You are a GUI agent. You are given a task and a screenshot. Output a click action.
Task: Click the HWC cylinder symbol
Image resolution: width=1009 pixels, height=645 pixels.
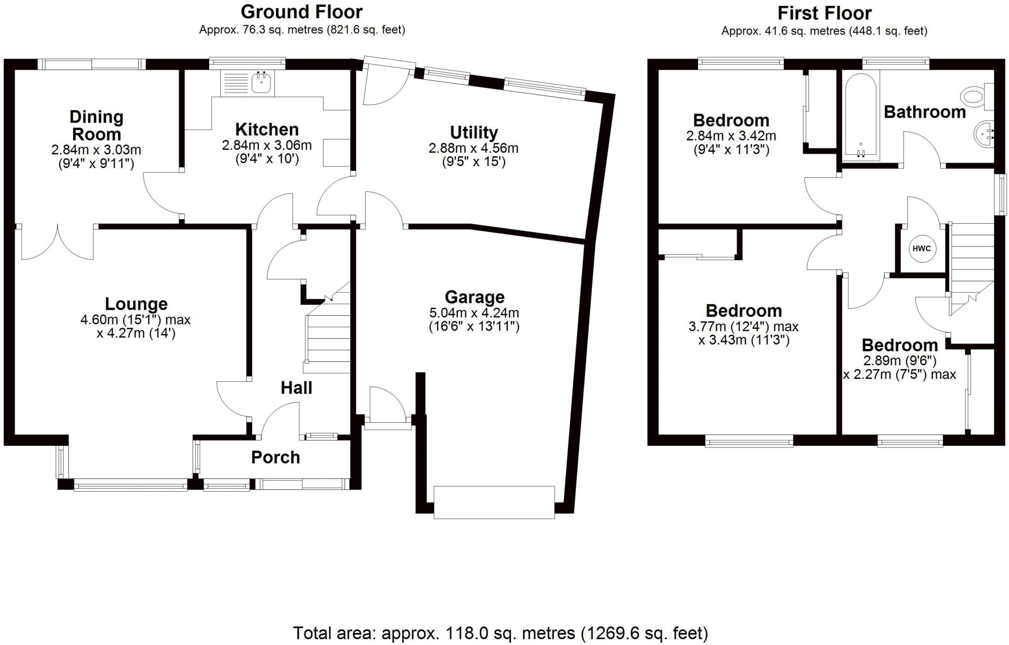click(x=921, y=248)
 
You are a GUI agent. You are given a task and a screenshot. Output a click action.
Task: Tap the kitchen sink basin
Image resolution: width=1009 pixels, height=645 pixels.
click(x=261, y=82)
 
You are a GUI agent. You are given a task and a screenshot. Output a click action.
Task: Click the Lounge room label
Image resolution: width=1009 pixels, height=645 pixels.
click(x=136, y=304)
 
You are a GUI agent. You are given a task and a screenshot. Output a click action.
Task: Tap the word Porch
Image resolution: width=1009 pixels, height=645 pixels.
click(x=275, y=457)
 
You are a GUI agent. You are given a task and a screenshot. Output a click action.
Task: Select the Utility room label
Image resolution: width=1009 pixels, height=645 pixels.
click(x=474, y=132)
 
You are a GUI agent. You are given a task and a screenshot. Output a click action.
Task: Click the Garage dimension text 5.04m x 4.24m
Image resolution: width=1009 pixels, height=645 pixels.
click(x=474, y=312)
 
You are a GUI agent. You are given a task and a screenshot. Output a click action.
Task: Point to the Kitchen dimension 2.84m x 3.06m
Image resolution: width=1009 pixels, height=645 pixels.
click(x=267, y=145)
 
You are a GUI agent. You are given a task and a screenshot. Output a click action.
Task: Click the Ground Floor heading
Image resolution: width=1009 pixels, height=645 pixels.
click(x=302, y=11)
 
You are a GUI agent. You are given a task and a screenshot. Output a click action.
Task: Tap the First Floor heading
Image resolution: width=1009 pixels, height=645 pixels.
click(x=824, y=13)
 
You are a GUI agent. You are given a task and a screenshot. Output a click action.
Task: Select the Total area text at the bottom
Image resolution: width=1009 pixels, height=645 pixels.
click(x=500, y=633)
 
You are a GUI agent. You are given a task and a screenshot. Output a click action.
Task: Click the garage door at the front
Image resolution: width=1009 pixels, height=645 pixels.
click(x=494, y=502)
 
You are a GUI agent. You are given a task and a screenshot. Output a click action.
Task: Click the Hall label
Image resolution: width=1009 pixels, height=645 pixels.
click(x=296, y=388)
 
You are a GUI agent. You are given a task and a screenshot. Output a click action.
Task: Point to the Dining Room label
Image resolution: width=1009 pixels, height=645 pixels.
click(x=96, y=125)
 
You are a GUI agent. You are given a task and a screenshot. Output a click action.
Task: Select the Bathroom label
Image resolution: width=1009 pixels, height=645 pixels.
click(x=925, y=112)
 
